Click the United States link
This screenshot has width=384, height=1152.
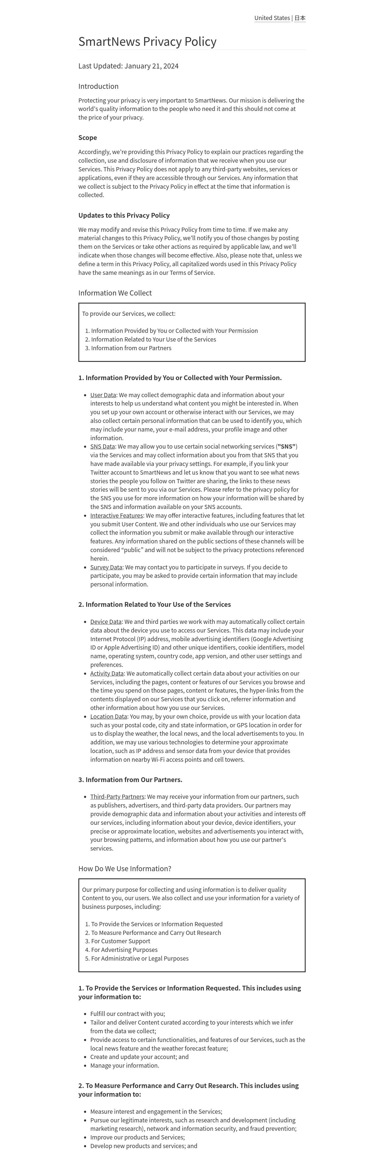272,18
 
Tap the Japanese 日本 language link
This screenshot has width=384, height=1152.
300,18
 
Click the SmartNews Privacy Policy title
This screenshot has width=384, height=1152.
147,42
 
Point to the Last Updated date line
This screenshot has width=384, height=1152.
128,66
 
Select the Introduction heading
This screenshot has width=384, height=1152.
98,86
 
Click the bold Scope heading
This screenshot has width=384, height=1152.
88,137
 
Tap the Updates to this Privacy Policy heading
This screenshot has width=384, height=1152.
124,215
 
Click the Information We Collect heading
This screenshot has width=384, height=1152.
115,293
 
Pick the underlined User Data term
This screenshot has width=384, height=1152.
103,395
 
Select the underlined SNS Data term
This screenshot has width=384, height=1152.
102,446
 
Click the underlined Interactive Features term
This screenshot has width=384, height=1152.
117,516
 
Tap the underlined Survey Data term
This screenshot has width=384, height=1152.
106,567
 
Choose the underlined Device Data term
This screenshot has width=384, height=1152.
106,622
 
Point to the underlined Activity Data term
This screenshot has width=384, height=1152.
107,673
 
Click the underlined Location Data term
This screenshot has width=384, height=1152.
109,717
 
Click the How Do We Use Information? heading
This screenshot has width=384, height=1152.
125,868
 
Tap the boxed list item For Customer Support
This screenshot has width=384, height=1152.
121,941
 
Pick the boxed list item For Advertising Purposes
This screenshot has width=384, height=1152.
124,950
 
